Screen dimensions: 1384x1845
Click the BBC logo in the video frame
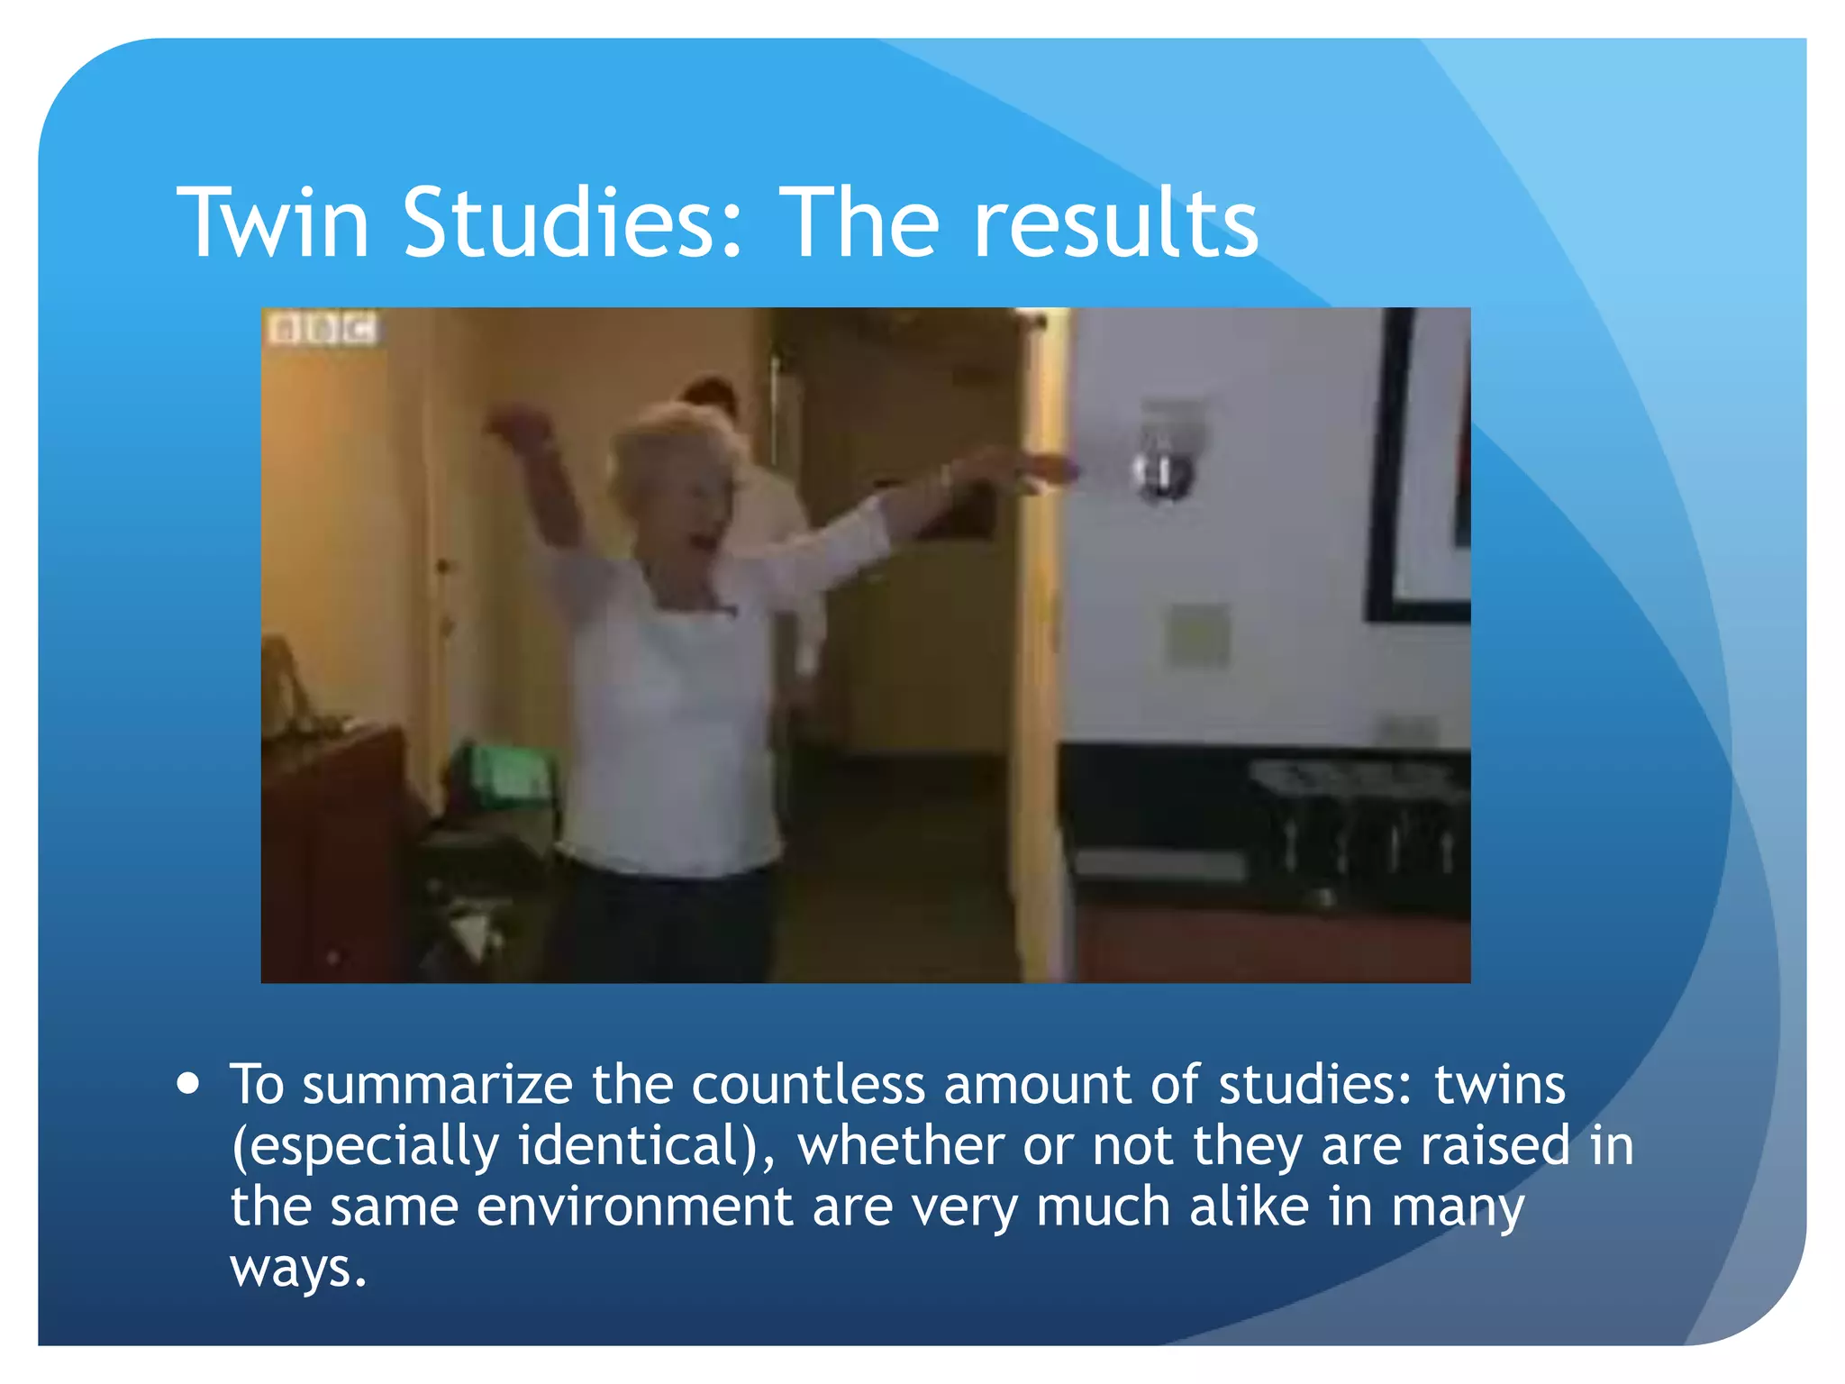[323, 330]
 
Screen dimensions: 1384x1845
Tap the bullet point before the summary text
[188, 1082]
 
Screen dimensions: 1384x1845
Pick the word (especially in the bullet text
[365, 1146]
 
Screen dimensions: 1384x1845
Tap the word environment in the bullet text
[634, 1206]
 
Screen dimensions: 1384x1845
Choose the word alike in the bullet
[1249, 1206]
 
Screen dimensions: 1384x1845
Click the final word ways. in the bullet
[298, 1269]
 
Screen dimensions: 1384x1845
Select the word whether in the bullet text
[901, 1146]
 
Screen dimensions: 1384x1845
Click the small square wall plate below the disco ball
[1198, 634]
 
